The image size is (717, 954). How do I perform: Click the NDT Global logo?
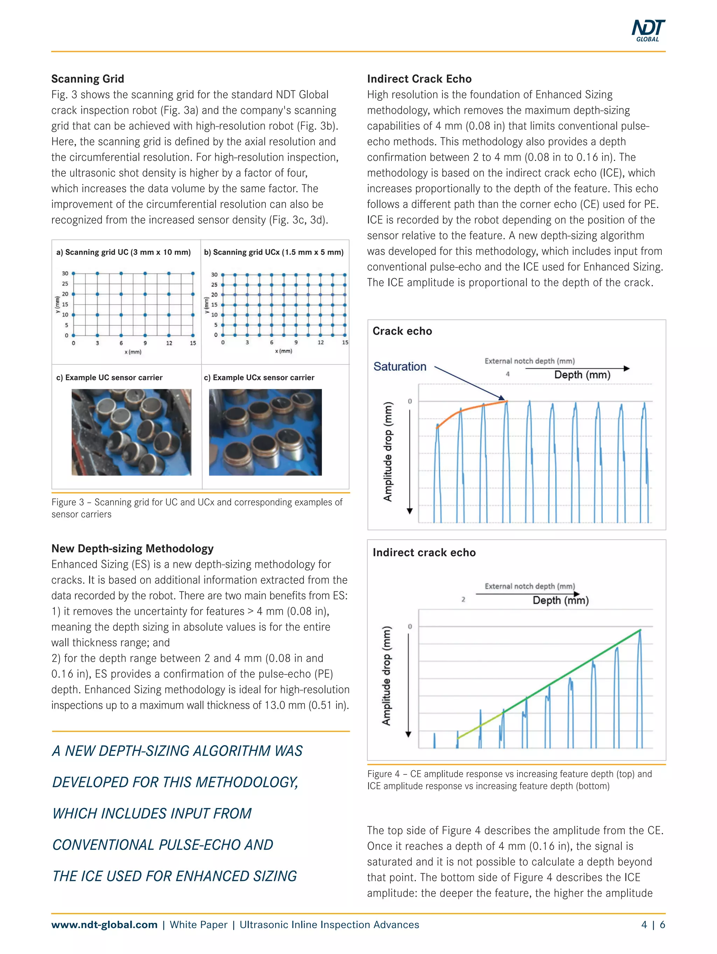point(648,30)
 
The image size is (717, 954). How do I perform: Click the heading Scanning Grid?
point(88,79)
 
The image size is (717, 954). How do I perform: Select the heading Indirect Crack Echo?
point(419,79)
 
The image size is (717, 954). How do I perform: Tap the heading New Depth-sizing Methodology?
point(132,549)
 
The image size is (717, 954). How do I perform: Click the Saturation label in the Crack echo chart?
point(399,367)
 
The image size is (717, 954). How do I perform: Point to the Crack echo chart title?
point(402,331)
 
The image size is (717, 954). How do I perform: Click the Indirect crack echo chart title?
point(424,552)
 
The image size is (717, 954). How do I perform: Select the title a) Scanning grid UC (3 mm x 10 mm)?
point(123,252)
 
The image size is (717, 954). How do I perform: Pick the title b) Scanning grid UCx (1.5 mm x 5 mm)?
point(273,252)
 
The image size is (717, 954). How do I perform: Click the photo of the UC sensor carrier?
point(131,432)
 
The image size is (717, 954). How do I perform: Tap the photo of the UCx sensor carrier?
point(265,432)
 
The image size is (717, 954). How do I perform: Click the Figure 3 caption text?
point(196,508)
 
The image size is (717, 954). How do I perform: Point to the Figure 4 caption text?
point(509,780)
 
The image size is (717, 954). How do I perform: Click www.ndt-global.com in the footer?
point(104,925)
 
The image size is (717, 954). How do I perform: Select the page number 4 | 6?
point(653,925)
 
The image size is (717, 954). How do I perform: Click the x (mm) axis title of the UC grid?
point(133,352)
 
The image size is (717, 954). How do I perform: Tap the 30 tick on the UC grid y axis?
point(65,273)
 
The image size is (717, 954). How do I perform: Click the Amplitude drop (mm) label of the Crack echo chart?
point(388,452)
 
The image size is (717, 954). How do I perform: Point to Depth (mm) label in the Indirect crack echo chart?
point(561,600)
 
